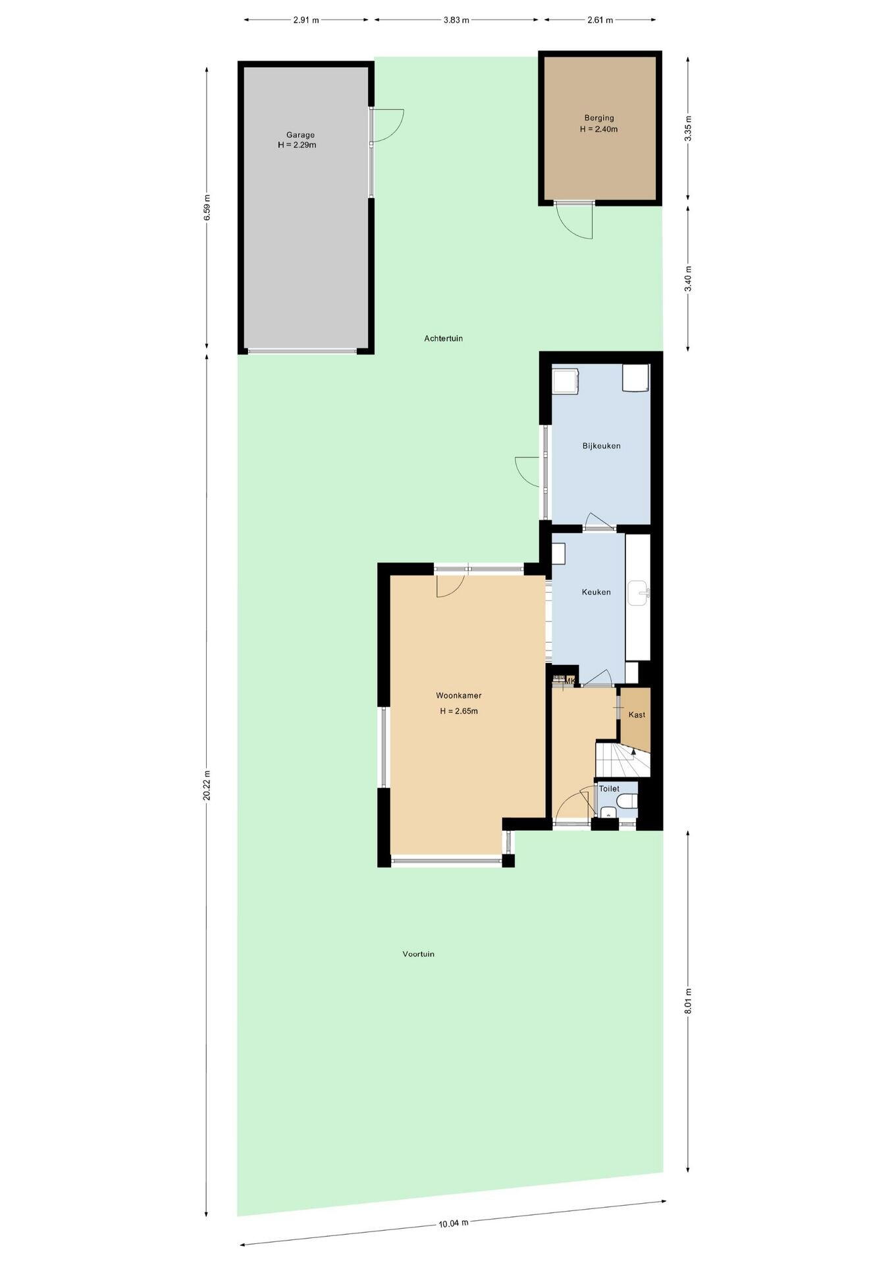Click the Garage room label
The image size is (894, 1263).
coord(300,135)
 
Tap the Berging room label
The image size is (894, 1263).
coord(598,118)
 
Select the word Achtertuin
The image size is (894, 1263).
coord(443,338)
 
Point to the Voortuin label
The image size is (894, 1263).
coord(418,954)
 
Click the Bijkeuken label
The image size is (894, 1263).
coord(601,446)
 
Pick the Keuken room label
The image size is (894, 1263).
coord(596,592)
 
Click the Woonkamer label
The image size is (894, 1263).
coord(458,695)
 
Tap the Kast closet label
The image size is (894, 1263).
coord(637,715)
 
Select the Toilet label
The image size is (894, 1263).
coord(609,789)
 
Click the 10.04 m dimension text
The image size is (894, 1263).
coord(454,1224)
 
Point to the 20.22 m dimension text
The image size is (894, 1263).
coord(207,785)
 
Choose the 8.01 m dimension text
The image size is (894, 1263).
coord(689,1001)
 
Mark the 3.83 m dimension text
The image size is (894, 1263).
coord(456,20)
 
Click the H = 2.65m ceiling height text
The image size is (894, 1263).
coord(458,711)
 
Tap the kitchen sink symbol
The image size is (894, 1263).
coord(639,593)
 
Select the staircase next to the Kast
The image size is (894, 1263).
coord(623,759)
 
